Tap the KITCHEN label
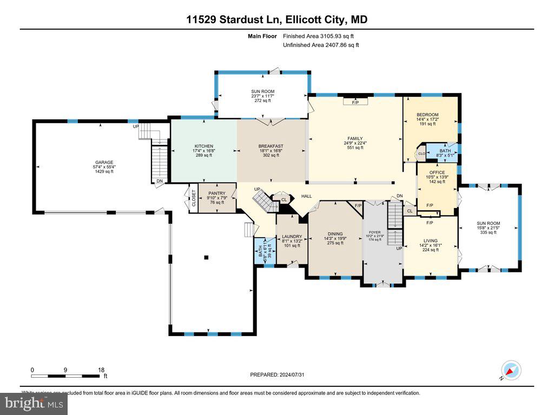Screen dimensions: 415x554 coord(204,146)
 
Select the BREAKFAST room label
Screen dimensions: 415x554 coord(271,146)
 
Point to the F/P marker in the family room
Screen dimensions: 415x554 coord(355,102)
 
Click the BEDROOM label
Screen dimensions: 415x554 coord(427,115)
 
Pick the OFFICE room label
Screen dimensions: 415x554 coord(437,173)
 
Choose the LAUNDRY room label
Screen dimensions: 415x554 coord(292,237)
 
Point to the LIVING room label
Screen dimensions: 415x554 coord(431,241)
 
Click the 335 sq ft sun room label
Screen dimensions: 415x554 coord(488,223)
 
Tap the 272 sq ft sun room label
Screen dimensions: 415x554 coord(262,92)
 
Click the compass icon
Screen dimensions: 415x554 coord(511,370)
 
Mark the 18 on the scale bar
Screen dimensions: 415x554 coord(101,370)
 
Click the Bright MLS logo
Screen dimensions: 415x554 coord(34,403)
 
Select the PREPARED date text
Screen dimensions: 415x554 coord(281,374)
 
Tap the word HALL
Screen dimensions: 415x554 coord(307,196)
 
